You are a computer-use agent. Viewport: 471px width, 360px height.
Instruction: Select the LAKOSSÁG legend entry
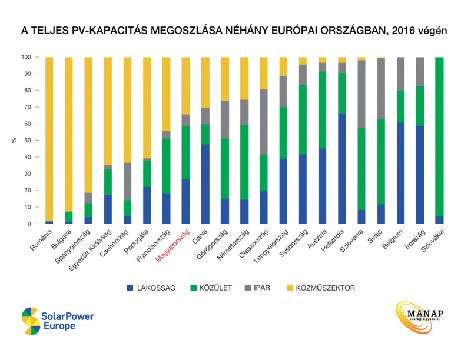click(x=152, y=288)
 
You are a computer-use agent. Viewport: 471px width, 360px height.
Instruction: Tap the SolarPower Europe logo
click(x=57, y=320)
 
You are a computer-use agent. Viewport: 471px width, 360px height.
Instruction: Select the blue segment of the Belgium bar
click(x=400, y=173)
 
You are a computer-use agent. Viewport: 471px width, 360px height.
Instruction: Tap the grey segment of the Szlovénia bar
click(x=361, y=94)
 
